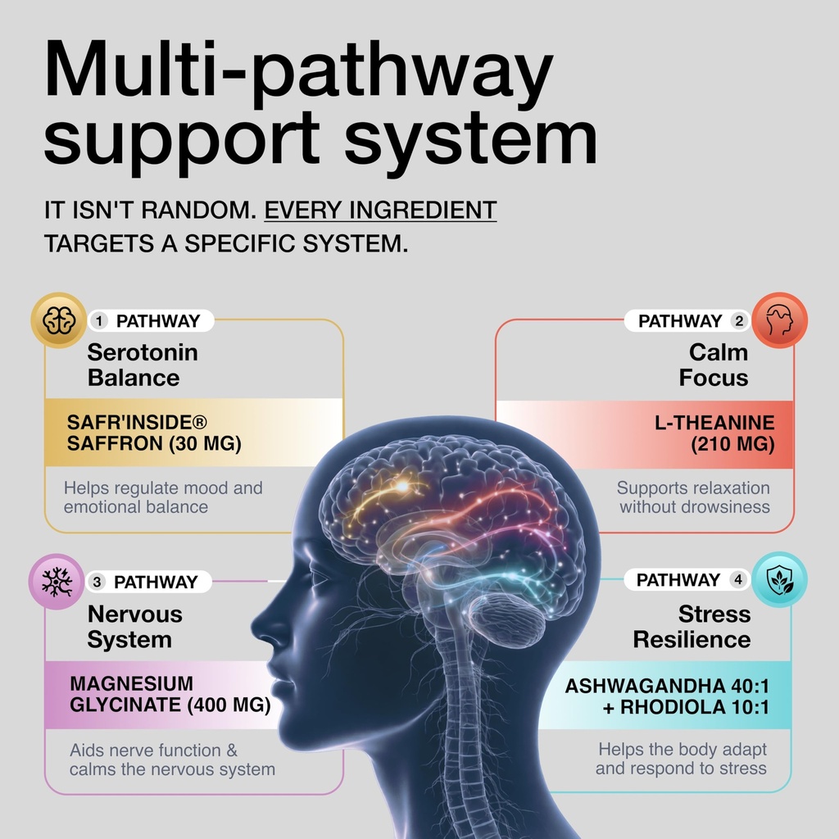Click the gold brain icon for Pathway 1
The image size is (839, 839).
point(57,320)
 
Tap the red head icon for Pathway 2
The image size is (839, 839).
point(780,320)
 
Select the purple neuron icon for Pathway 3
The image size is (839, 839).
point(57,582)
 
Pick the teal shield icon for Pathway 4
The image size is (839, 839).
point(780,579)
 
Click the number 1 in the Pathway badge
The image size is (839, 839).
point(101,321)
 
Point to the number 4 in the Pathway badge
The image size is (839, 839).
point(738,580)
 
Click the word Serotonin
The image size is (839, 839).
point(143,352)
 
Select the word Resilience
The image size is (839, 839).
point(692,639)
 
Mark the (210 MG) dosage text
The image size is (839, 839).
point(731,445)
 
